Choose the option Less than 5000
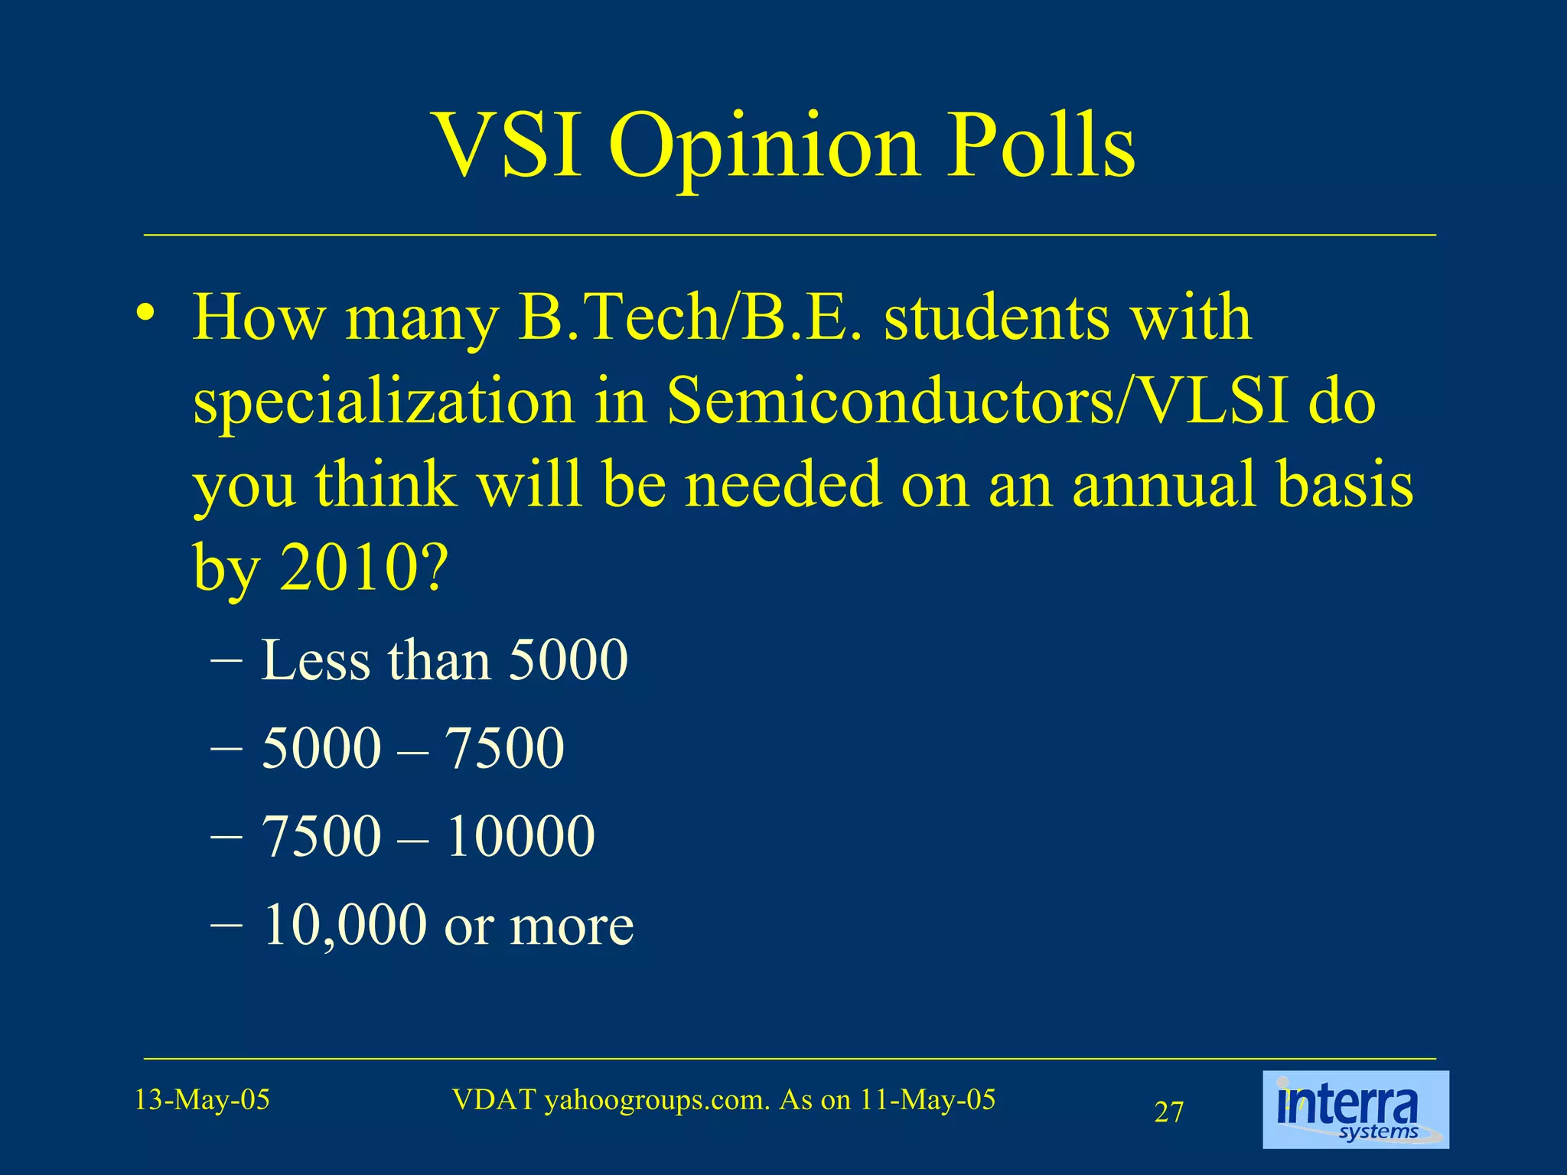pyautogui.click(x=444, y=659)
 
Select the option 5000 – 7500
pyautogui.click(x=412, y=747)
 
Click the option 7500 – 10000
pyautogui.click(x=428, y=835)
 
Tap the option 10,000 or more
pyautogui.click(x=448, y=925)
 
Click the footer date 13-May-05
pyautogui.click(x=202, y=1100)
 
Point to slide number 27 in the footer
pyautogui.click(x=1168, y=1112)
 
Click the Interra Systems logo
pyautogui.click(x=1355, y=1110)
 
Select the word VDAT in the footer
pyautogui.click(x=494, y=1099)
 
